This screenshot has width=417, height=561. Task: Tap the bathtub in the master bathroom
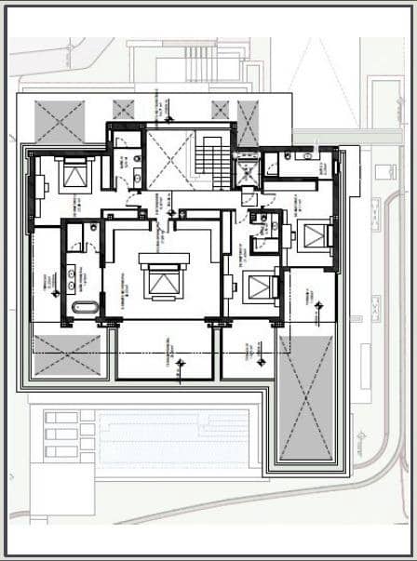coord(82,308)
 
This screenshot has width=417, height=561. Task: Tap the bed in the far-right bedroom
coord(316,233)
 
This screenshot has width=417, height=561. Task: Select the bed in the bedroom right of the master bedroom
coord(260,289)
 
